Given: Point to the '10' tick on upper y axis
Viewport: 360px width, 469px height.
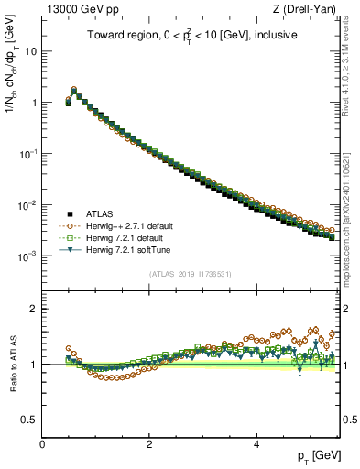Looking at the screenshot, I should [x=32, y=52].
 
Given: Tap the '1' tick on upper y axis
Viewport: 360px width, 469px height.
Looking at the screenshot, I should [x=35, y=103].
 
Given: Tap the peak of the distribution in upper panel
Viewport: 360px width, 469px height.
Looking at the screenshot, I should [x=74, y=90].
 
